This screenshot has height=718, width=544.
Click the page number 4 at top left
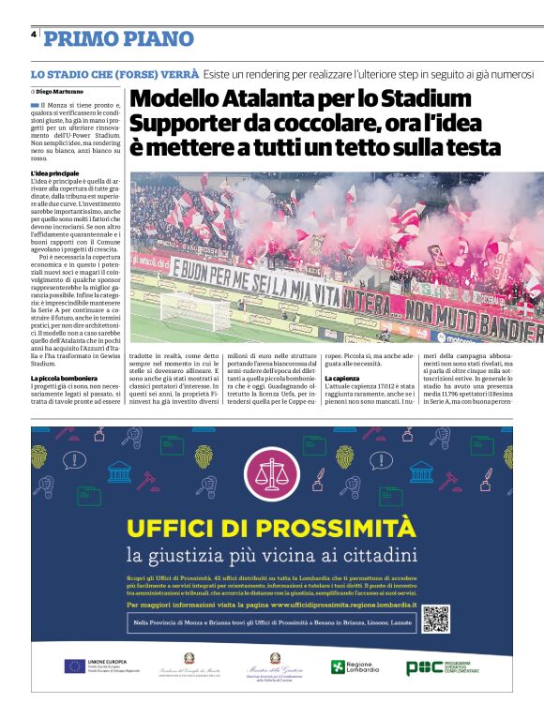pyautogui.click(x=34, y=35)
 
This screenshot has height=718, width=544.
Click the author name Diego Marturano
pyautogui.click(x=59, y=91)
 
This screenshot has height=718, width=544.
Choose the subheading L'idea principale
pyautogui.click(x=54, y=173)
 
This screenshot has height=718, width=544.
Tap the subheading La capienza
pyautogui.click(x=344, y=378)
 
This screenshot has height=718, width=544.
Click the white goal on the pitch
pyautogui.click(x=189, y=309)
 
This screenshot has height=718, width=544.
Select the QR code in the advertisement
pyautogui.click(x=437, y=620)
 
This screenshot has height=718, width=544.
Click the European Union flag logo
pyautogui.click(x=74, y=666)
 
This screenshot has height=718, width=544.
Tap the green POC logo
pyautogui.click(x=424, y=667)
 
